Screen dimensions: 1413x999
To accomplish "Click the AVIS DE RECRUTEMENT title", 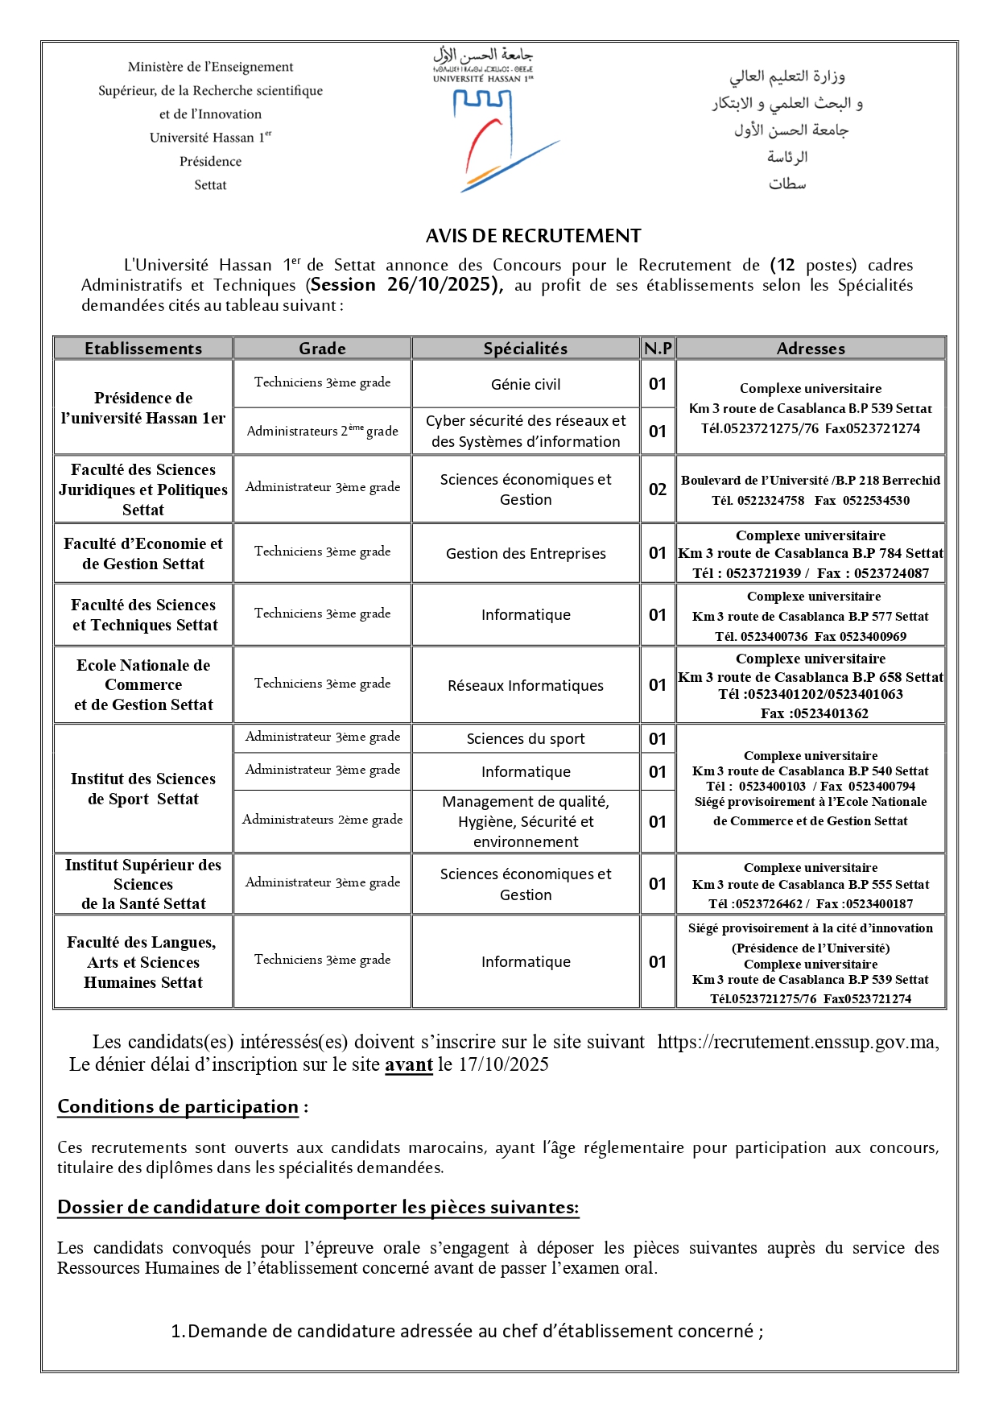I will pyautogui.click(x=533, y=236).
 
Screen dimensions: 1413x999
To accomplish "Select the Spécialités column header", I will pyautogui.click(x=525, y=349).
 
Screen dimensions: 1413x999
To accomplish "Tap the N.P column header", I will pyautogui.click(x=658, y=349).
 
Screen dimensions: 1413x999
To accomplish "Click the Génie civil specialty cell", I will pyautogui.click(x=526, y=385).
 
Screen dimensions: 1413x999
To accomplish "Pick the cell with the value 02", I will pyautogui.click(x=658, y=490).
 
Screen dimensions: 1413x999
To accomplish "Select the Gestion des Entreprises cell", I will pyautogui.click(x=526, y=554).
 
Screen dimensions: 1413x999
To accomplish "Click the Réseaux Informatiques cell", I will pyautogui.click(x=526, y=686).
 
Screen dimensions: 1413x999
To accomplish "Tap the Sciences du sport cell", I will pyautogui.click(x=526, y=739).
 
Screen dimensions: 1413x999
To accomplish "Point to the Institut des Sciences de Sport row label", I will pyautogui.click(x=143, y=789).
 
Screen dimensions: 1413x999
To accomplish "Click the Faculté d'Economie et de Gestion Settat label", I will pyautogui.click(x=143, y=554).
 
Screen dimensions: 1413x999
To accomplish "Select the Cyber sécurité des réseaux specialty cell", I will pyautogui.click(x=526, y=432).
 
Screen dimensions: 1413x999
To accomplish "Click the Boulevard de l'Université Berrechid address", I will pyautogui.click(x=811, y=481).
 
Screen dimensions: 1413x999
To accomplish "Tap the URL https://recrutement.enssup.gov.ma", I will pyautogui.click(x=797, y=1042).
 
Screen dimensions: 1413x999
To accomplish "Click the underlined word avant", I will pyautogui.click(x=409, y=1064).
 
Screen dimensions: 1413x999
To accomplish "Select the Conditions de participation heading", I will pyautogui.click(x=178, y=1107).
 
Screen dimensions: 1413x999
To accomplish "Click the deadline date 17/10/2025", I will pyautogui.click(x=504, y=1064).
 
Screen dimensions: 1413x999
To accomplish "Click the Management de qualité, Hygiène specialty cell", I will pyautogui.click(x=526, y=821).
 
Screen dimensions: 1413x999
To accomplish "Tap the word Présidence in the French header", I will pyautogui.click(x=210, y=162).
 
